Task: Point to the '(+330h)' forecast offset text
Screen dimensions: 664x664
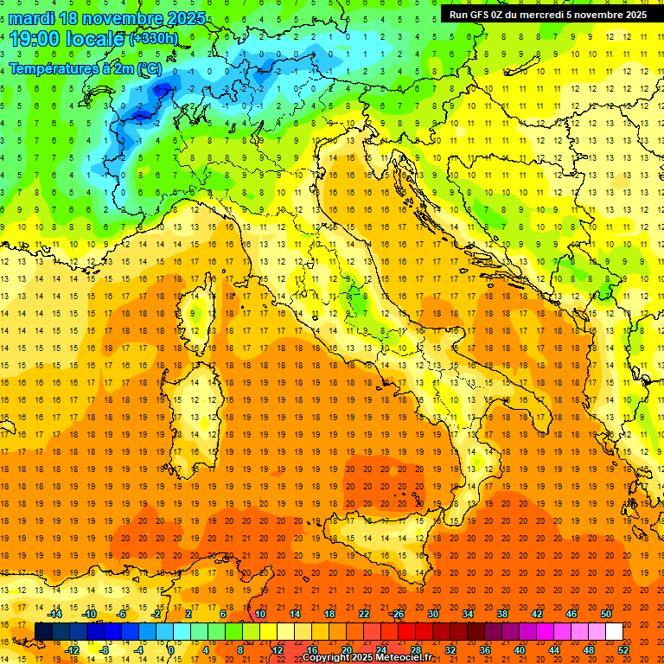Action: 153,39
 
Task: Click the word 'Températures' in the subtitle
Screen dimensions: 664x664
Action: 57,67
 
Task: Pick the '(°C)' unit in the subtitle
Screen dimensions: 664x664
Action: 149,67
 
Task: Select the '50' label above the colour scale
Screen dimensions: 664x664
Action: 605,614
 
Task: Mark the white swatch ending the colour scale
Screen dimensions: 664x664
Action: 614,632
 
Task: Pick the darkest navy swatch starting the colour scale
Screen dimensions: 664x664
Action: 43,632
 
